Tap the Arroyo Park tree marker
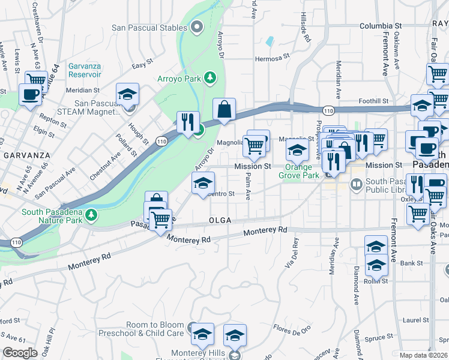(x=209, y=77)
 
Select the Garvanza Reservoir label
(x=76, y=69)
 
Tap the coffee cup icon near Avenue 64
(x=31, y=94)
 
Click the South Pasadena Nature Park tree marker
(x=91, y=214)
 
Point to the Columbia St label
(x=381, y=26)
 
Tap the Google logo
(x=20, y=353)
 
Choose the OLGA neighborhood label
(x=220, y=220)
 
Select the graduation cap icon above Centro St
(x=203, y=183)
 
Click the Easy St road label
(x=142, y=65)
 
